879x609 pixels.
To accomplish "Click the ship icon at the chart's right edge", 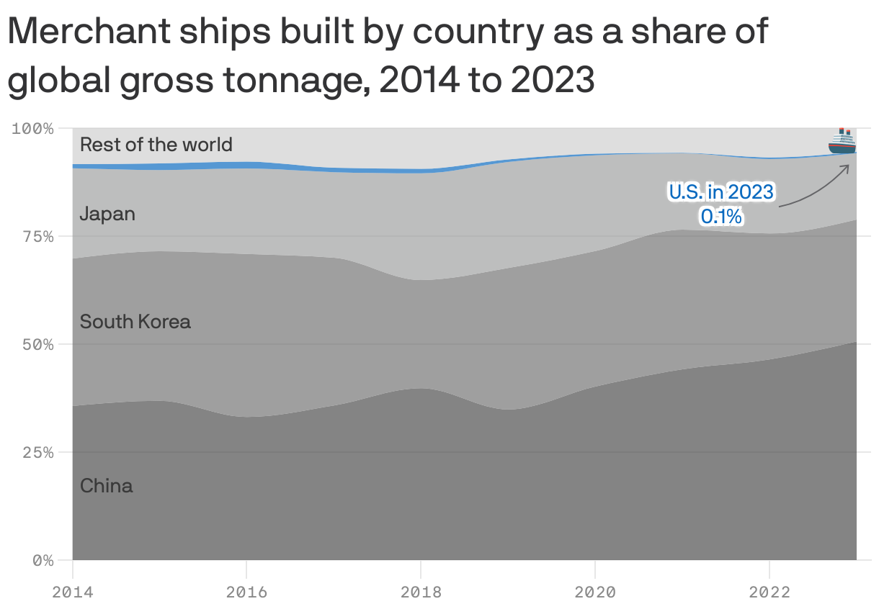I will pyautogui.click(x=842, y=141).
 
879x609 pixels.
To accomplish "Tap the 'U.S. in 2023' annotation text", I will pyautogui.click(x=720, y=192).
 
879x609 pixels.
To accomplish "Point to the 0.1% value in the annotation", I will pyautogui.click(x=720, y=215).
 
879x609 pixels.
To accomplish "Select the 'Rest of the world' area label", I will pyautogui.click(x=156, y=145).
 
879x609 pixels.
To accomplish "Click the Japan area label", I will pyautogui.click(x=107, y=214).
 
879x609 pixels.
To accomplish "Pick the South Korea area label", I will pyautogui.click(x=135, y=321).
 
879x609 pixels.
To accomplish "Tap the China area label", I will pyautogui.click(x=106, y=486).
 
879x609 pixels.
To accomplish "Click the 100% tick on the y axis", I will pyautogui.click(x=32, y=129).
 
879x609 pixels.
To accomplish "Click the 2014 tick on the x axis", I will pyautogui.click(x=72, y=592).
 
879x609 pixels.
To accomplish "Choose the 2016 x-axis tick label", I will pyautogui.click(x=246, y=592).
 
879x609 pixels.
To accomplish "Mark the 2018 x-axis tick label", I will pyautogui.click(x=421, y=592).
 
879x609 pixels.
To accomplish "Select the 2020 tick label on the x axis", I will pyautogui.click(x=595, y=592).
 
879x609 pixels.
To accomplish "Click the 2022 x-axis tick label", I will pyautogui.click(x=769, y=592).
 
